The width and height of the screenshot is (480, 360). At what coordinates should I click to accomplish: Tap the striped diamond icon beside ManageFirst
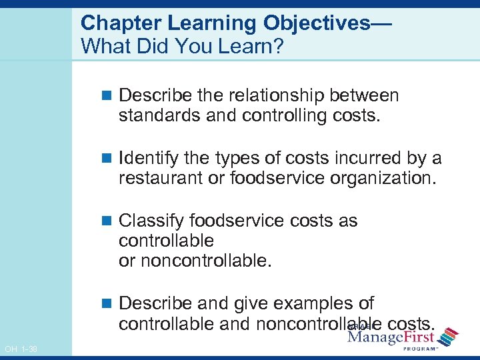[x=448, y=336]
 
